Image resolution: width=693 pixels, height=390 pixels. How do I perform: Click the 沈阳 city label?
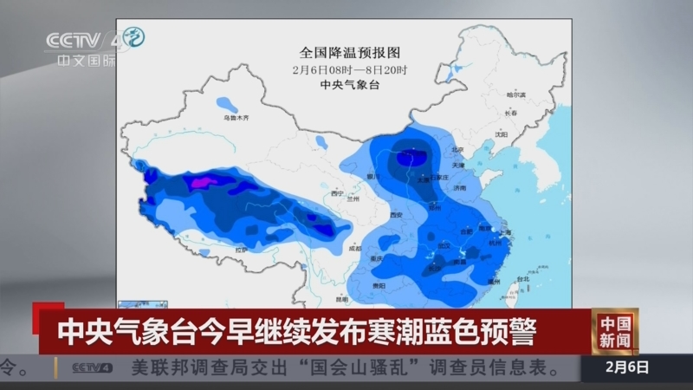[500, 134]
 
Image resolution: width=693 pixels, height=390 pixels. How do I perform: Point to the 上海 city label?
[508, 231]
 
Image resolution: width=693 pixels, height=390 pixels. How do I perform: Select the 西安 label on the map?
[397, 213]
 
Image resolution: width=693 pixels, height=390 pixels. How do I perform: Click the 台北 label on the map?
[522, 279]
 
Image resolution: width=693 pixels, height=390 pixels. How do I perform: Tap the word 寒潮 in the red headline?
[375, 330]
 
